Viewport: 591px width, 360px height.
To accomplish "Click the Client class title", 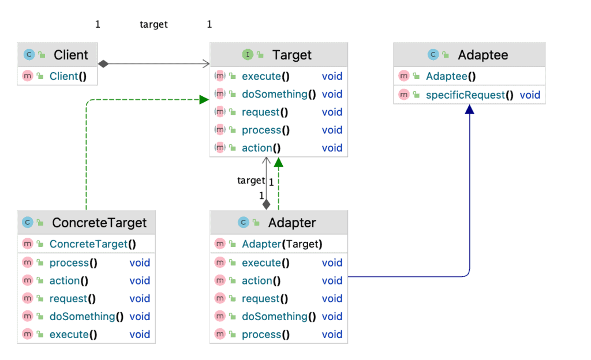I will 70,55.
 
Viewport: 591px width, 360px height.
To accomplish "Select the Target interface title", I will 291,55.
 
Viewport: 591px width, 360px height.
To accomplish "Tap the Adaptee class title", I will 482,55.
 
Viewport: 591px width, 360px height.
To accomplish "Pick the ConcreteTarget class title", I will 99,223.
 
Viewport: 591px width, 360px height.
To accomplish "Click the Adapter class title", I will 291,223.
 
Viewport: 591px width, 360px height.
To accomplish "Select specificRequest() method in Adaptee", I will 469,95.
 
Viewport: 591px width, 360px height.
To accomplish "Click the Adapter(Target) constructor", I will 282,244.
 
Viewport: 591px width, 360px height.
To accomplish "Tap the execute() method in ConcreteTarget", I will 73,335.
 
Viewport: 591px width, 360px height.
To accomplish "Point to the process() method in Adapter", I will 265,335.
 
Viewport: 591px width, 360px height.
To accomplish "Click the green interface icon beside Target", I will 247,55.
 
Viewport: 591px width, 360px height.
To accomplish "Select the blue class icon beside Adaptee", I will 433,55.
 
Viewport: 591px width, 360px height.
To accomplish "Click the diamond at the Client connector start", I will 103,63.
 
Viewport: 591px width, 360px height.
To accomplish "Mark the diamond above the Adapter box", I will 266,204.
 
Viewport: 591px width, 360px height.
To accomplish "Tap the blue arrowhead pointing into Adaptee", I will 469,110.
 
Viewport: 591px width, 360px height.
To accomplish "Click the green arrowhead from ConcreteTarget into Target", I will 203,100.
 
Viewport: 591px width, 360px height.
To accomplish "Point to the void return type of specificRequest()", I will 530,95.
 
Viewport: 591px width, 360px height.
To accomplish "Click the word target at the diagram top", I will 154,24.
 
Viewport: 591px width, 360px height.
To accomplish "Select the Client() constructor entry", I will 63,76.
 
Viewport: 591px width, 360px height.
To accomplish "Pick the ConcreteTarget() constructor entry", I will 92,244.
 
